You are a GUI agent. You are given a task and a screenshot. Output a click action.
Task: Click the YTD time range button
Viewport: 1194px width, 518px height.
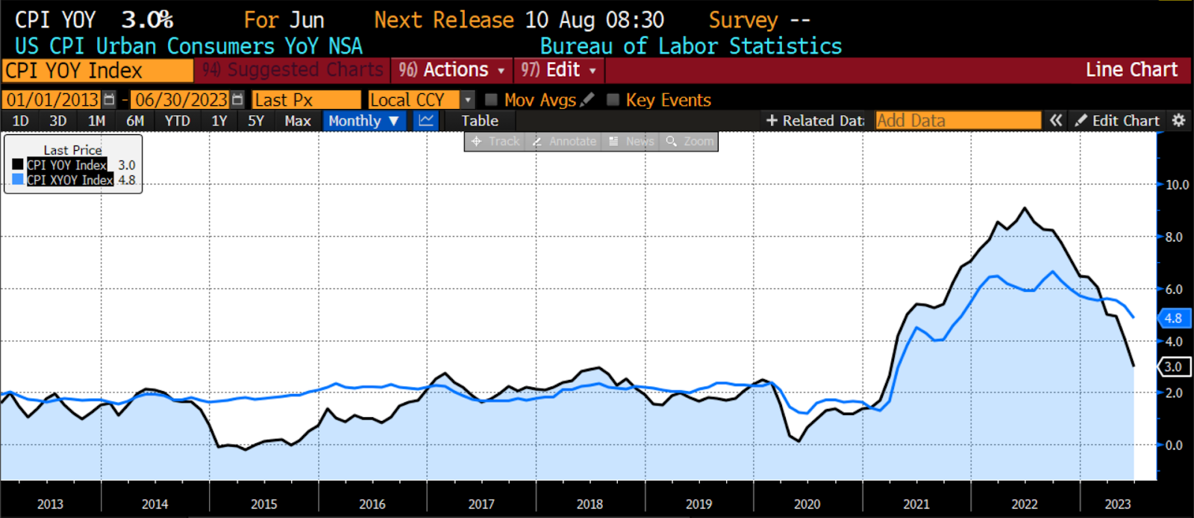click(177, 121)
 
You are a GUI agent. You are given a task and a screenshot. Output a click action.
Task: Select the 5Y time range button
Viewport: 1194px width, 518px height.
click(256, 121)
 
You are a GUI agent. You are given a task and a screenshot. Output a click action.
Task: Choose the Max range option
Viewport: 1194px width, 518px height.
click(298, 121)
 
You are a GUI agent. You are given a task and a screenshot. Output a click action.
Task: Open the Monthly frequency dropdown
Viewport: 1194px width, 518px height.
click(364, 121)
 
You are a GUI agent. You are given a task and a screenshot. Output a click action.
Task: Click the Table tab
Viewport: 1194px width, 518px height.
click(479, 121)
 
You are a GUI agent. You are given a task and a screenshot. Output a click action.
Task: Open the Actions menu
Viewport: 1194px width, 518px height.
click(451, 70)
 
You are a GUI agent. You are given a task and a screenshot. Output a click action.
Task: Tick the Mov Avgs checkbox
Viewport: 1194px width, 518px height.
click(492, 100)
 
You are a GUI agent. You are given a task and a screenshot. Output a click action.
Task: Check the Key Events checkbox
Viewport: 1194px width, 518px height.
click(613, 100)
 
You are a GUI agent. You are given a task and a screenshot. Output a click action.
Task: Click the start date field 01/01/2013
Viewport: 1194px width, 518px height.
click(52, 100)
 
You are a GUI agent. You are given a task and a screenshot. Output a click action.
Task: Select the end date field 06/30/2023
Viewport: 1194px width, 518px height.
click(181, 100)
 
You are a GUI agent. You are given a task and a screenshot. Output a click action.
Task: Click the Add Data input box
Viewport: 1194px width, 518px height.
click(957, 121)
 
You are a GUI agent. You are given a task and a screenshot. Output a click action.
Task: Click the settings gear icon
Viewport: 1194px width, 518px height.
click(1179, 121)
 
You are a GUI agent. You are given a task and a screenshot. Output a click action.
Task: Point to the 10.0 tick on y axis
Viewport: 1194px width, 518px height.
click(1177, 185)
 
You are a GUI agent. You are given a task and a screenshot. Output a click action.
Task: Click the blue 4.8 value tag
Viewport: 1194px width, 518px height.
click(1173, 319)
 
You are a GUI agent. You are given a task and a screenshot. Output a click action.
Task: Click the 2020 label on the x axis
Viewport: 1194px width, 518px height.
click(807, 505)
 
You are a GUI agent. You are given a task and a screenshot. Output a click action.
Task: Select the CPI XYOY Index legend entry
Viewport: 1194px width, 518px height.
click(70, 180)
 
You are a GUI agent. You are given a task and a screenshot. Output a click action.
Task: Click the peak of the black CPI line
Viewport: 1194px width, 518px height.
click(1025, 208)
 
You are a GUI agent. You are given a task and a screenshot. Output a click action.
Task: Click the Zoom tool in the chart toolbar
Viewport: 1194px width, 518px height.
click(690, 141)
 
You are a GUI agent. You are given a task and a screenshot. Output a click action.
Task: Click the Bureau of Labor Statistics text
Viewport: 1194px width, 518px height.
click(690, 46)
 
